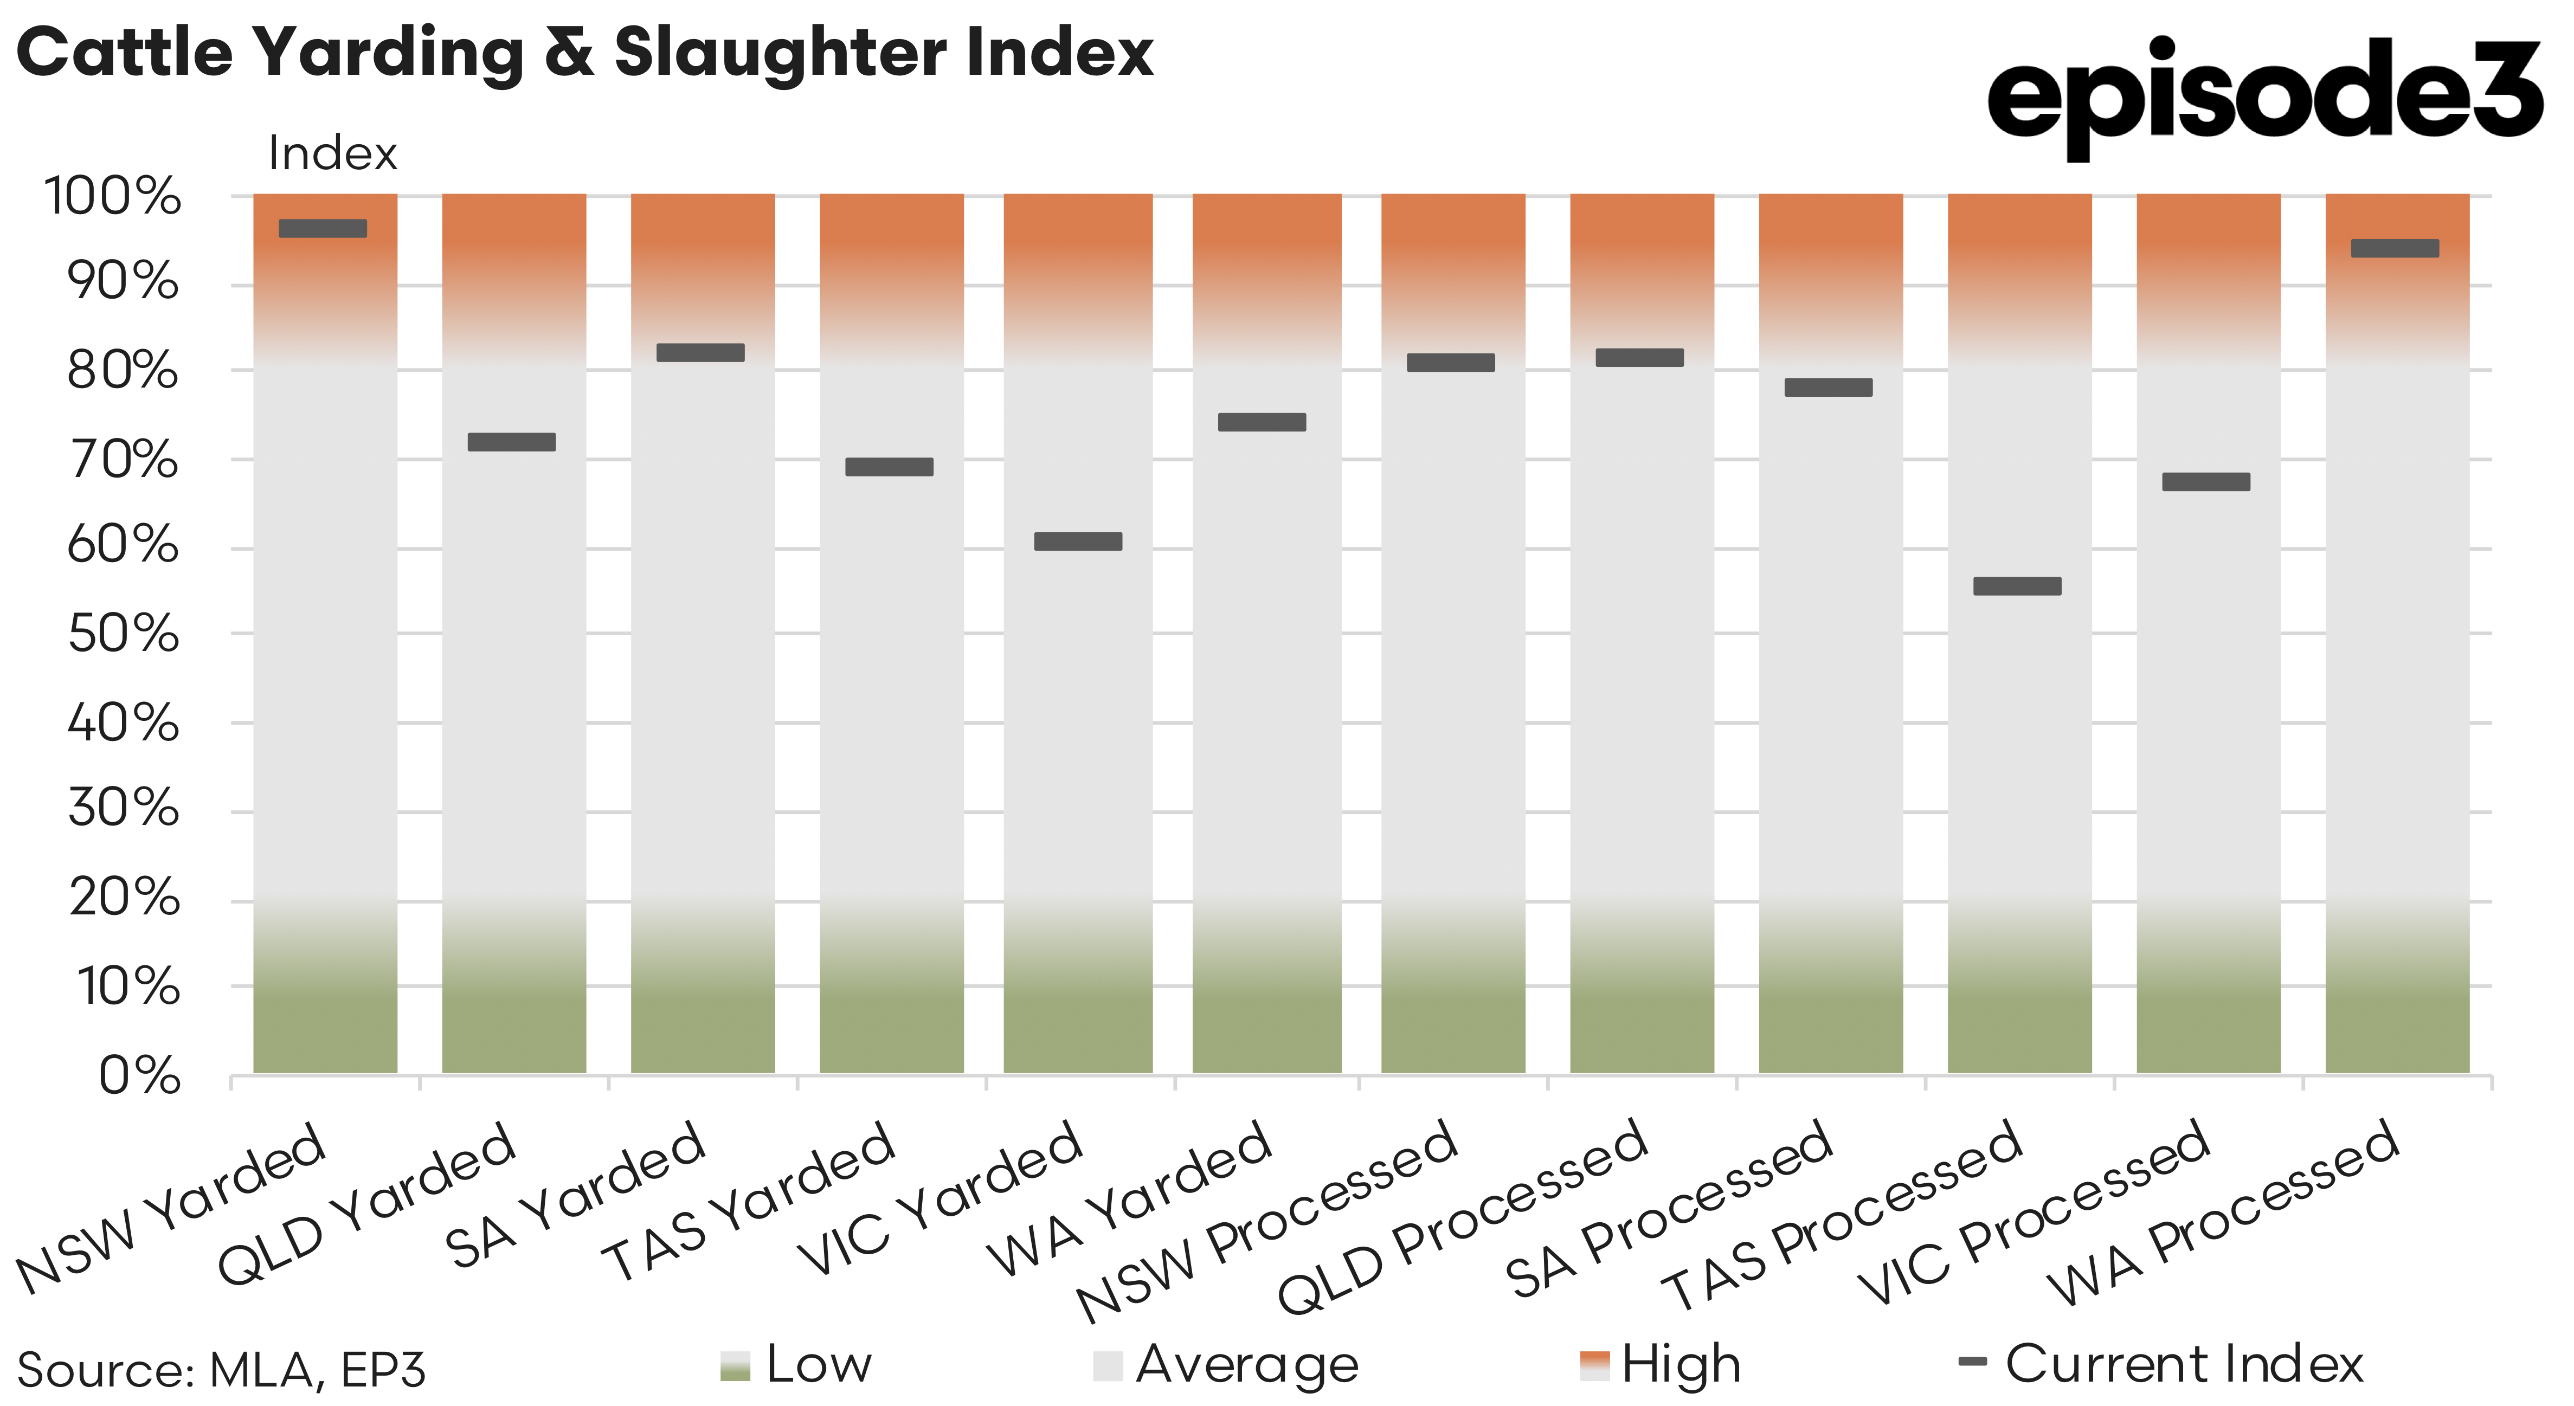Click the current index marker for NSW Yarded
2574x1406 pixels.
(323, 228)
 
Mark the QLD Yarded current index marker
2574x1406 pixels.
(512, 442)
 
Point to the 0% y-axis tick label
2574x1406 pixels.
(140, 1076)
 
